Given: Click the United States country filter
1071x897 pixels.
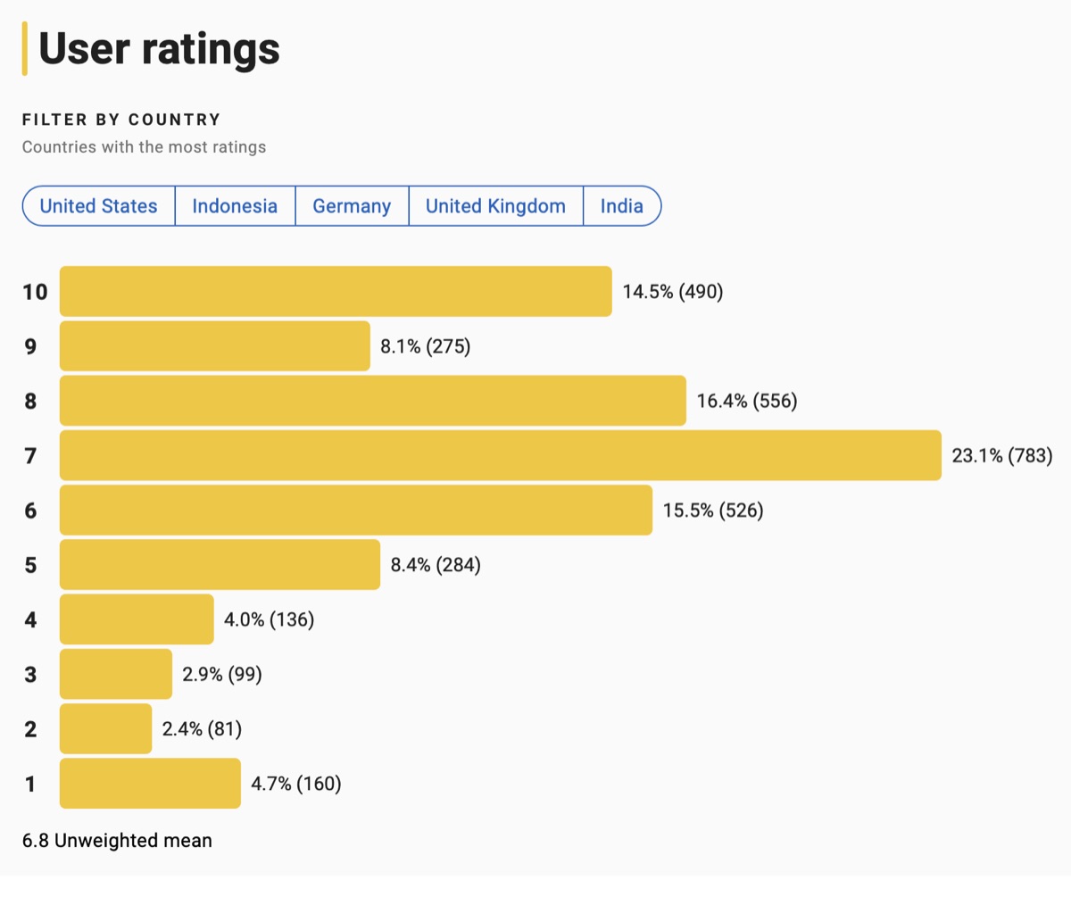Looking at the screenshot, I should (98, 206).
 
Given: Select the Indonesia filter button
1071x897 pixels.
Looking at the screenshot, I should (235, 206).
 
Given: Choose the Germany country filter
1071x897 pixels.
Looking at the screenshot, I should (352, 206).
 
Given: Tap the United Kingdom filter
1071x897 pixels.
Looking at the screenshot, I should (495, 206).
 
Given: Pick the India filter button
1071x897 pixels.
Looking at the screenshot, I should (622, 206).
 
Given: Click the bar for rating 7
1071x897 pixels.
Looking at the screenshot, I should (500, 455).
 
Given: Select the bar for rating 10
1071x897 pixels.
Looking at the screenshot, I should (336, 291).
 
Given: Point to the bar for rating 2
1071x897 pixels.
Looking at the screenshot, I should (105, 728).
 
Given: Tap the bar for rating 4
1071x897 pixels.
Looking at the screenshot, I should (137, 619).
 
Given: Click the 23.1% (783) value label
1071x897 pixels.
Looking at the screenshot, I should (1002, 456).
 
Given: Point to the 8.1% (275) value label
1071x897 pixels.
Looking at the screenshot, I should (425, 346).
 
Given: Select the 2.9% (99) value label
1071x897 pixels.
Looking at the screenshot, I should (221, 674).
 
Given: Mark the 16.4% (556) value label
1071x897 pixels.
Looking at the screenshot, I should (746, 401).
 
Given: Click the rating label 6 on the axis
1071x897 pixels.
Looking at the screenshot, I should (31, 511).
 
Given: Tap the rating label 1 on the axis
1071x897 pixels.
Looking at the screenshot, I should (31, 784).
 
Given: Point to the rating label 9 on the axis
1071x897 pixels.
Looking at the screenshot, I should (31, 346).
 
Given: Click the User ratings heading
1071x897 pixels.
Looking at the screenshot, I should (159, 49).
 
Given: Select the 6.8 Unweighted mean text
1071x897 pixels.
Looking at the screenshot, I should (117, 840).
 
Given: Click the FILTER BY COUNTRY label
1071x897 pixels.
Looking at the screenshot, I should (121, 120).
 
